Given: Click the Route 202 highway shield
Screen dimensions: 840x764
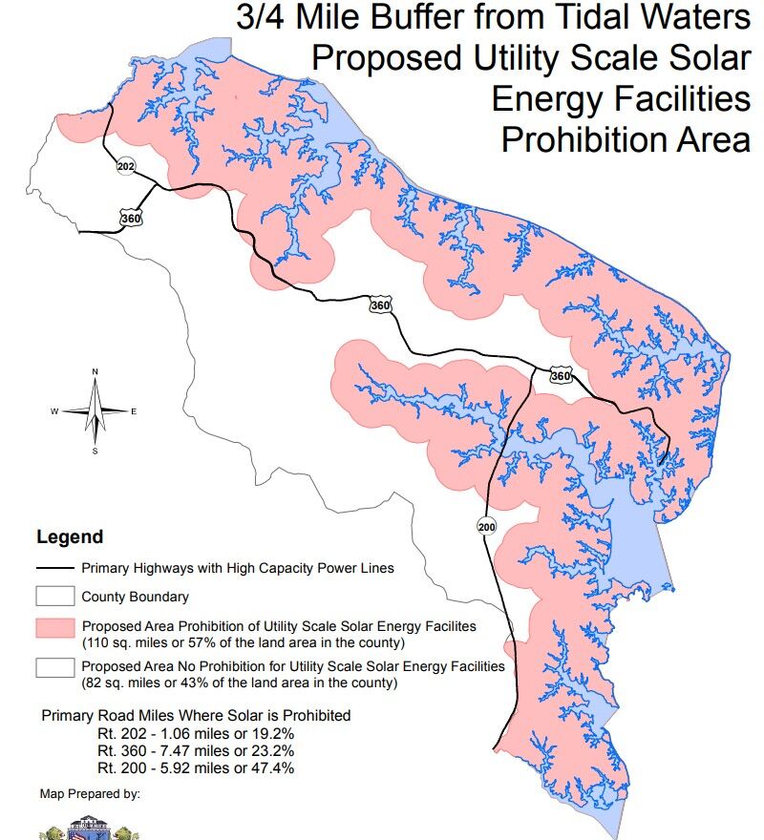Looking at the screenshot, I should click(x=126, y=166).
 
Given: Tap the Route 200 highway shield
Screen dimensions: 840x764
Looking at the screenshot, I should click(x=485, y=526).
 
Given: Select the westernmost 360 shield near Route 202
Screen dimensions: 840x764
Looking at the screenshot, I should click(x=132, y=219).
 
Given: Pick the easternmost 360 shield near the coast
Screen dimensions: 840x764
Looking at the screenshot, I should click(x=561, y=376).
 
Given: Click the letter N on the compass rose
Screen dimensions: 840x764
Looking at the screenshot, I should click(x=95, y=371).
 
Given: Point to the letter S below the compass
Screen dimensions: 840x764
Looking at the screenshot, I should click(x=95, y=451).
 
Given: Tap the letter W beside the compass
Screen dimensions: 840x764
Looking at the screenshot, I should click(x=54, y=411).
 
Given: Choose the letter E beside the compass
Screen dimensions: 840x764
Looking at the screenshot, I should click(x=134, y=411).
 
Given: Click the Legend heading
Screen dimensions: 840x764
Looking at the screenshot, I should click(x=69, y=537).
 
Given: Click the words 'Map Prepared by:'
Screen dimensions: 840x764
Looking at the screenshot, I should click(x=90, y=793).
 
